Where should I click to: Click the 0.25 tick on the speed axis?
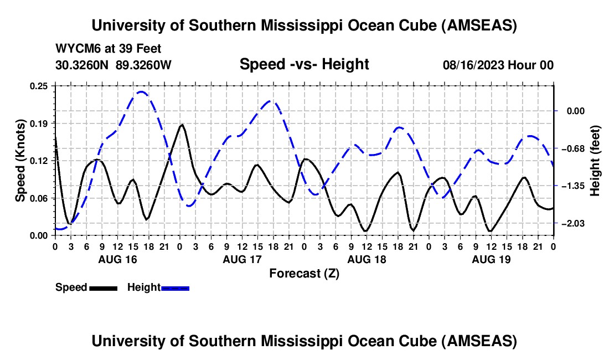[x=42, y=86]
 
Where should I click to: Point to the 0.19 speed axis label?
[x=42, y=123]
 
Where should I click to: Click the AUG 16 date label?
[x=118, y=259]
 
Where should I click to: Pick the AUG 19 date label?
[x=491, y=259]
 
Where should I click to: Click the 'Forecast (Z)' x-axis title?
[x=304, y=274]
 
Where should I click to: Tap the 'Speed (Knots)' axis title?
[x=20, y=161]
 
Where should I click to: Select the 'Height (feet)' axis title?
[x=595, y=161]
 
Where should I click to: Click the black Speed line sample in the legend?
[x=104, y=288]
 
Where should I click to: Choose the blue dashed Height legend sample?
[x=175, y=288]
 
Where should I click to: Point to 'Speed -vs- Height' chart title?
[x=304, y=65]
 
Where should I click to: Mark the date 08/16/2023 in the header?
[x=474, y=65]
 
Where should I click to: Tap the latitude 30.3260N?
[x=83, y=65]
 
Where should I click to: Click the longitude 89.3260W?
[x=144, y=65]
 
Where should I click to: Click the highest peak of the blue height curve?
[x=141, y=92]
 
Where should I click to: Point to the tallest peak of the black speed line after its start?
[x=182, y=125]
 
